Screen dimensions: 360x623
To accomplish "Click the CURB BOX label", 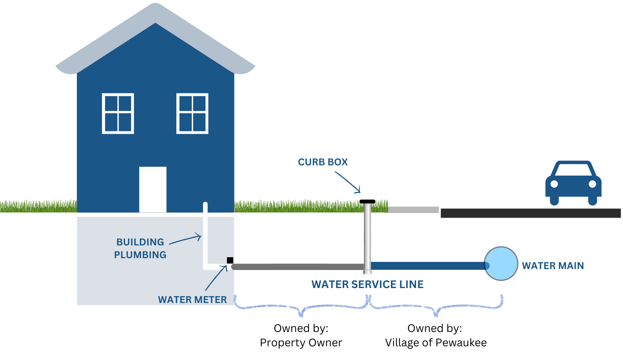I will [323, 162].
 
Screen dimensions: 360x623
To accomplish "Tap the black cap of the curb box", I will [368, 201].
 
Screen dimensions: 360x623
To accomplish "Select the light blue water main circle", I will [501, 263].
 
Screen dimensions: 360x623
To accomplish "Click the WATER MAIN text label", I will [553, 266].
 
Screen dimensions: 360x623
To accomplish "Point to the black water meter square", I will [230, 260].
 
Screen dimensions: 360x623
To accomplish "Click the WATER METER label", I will [192, 300].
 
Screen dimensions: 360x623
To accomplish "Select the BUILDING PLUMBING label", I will [140, 248].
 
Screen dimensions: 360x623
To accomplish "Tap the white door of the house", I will [153, 189].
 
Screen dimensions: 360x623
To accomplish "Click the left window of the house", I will [118, 113].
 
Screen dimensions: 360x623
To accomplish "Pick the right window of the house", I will [192, 113].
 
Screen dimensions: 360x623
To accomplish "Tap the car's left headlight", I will [554, 184].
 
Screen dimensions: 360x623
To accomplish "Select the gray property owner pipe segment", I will [297, 267].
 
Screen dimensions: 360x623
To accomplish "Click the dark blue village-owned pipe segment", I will [427, 266].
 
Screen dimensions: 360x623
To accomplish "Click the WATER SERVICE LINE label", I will [367, 284].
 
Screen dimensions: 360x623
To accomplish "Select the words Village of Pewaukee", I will [436, 343].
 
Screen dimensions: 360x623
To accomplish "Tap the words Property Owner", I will [301, 343].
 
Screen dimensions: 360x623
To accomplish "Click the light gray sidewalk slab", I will [413, 210].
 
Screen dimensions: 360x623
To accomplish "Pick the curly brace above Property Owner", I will [301, 307].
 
